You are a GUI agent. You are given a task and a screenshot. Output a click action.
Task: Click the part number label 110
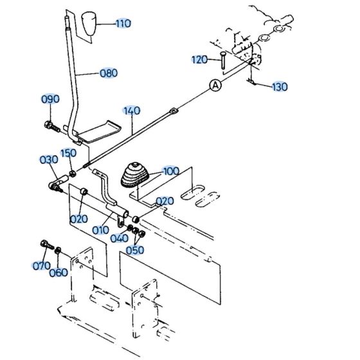click(123, 24)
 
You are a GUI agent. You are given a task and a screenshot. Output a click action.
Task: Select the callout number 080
click(108, 73)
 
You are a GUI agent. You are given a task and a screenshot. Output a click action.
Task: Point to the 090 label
click(50, 99)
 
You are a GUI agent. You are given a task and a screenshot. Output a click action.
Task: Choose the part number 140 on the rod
click(131, 111)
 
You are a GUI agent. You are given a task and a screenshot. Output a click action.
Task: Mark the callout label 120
click(199, 60)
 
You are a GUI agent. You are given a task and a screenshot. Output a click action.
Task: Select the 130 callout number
click(280, 87)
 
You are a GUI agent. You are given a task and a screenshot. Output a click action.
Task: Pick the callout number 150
click(68, 153)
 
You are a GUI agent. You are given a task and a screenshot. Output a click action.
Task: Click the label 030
click(48, 159)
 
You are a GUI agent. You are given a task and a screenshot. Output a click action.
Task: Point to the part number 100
click(171, 172)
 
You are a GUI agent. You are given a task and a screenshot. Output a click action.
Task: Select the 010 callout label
click(100, 230)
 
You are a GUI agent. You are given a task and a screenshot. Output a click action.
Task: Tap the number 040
click(119, 239)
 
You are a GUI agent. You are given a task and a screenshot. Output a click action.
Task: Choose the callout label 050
click(135, 249)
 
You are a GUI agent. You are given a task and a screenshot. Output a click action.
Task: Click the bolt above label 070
click(45, 245)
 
